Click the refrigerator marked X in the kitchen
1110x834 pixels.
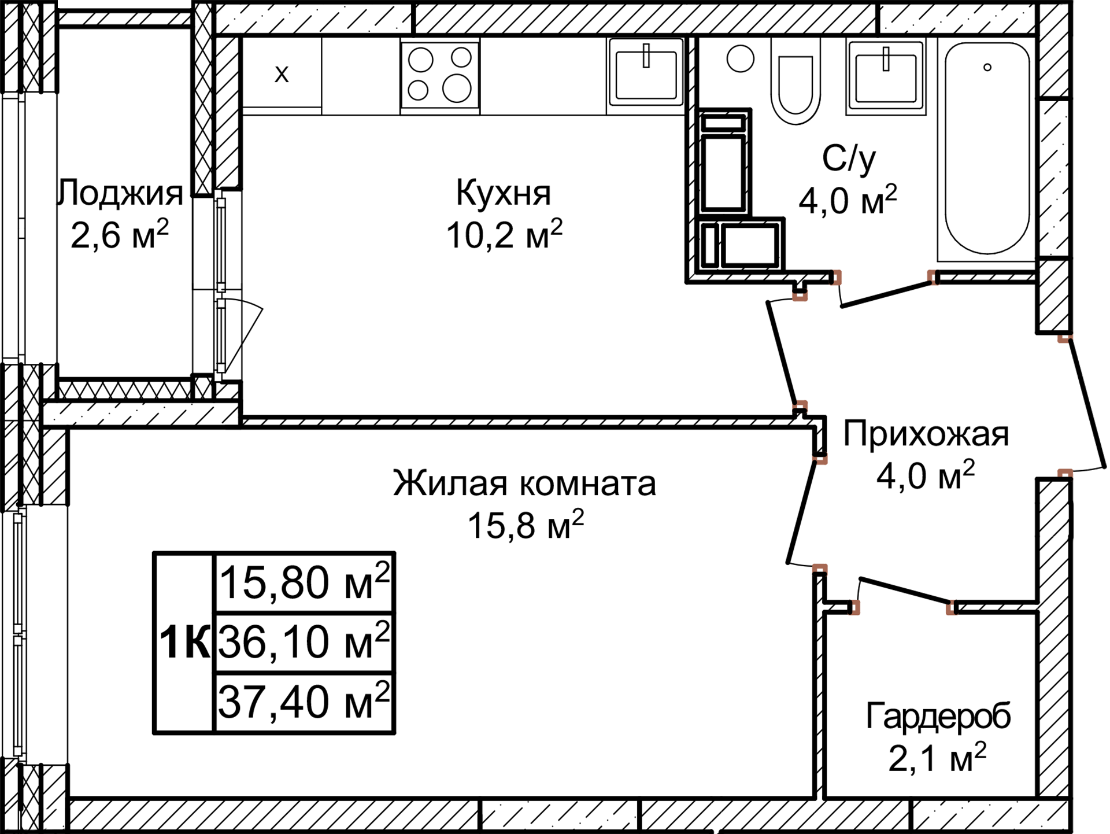click(282, 74)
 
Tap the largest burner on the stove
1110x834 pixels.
click(457, 88)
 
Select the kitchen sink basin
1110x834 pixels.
click(646, 75)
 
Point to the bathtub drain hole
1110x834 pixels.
click(987, 68)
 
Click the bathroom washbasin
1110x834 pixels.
click(886, 78)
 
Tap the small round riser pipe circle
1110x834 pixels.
click(741, 58)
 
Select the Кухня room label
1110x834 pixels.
click(504, 193)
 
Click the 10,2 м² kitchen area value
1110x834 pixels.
click(504, 235)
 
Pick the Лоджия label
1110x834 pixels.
click(121, 193)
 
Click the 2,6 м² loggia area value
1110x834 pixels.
click(119, 235)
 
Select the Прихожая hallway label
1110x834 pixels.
click(926, 434)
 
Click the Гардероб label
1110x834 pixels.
click(938, 716)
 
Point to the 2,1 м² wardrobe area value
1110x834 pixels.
click(937, 758)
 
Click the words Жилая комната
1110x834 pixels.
click(524, 484)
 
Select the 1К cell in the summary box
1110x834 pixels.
click(184, 643)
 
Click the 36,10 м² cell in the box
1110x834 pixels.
click(304, 642)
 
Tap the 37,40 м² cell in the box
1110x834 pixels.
click(304, 702)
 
